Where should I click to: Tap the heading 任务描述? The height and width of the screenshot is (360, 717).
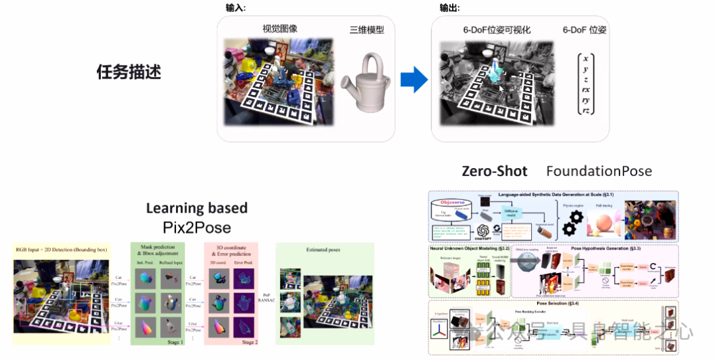pyautogui.click(x=129, y=72)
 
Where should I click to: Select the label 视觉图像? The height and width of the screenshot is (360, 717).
pyautogui.click(x=279, y=29)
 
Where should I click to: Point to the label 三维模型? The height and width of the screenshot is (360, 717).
pyautogui.click(x=367, y=29)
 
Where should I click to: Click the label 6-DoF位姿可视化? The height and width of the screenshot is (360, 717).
pyautogui.click(x=497, y=30)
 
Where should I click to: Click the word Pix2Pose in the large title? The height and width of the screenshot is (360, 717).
pyautogui.click(x=197, y=228)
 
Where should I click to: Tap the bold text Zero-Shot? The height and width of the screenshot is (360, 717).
pyautogui.click(x=495, y=171)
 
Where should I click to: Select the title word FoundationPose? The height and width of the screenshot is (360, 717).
pyautogui.click(x=599, y=171)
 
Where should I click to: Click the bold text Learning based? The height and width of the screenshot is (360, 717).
pyautogui.click(x=197, y=208)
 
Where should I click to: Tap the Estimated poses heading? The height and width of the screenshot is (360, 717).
pyautogui.click(x=325, y=251)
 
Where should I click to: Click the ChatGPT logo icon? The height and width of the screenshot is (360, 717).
pyautogui.click(x=483, y=231)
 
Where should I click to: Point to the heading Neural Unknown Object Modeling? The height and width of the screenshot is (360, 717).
pyautogui.click(x=470, y=248)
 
